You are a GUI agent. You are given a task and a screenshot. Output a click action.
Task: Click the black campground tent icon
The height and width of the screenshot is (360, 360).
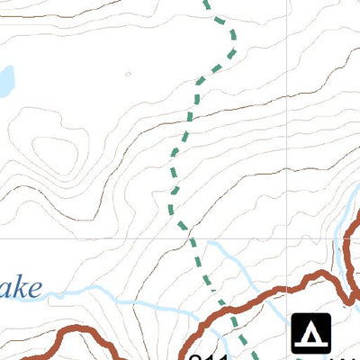pos(311,333)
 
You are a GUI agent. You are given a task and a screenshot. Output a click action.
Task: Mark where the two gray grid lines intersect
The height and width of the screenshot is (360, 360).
pos(290,238)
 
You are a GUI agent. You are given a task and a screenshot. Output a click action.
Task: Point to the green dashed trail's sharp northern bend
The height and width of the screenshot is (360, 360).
pos(233,34)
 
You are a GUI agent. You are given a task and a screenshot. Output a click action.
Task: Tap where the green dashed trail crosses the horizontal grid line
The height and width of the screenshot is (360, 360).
pos(188,238)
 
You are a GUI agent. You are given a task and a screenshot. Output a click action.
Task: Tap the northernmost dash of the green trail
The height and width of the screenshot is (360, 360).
pos(208,4)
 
